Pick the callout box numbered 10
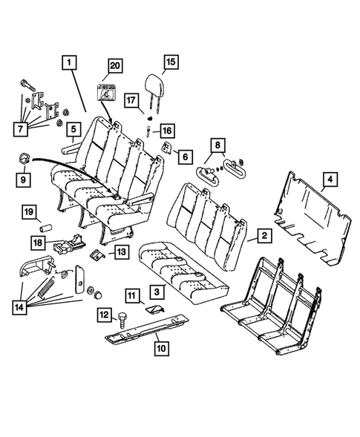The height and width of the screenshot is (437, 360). (x=158, y=346)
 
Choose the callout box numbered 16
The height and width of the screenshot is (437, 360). (x=167, y=130)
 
